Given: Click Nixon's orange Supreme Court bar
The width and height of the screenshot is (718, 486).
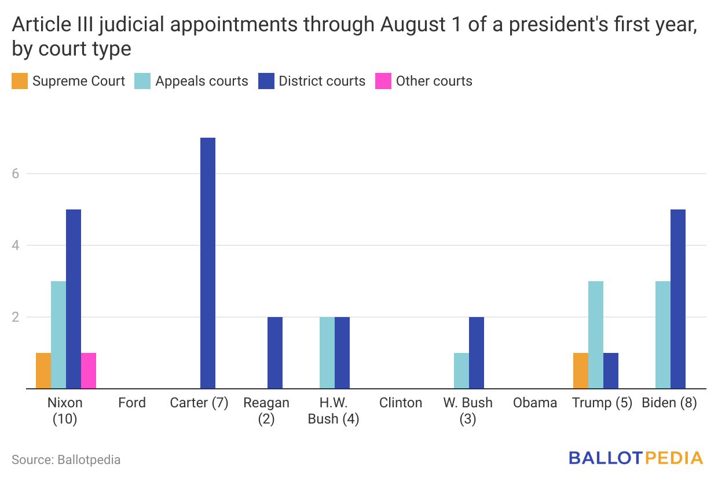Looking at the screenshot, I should [x=43, y=371].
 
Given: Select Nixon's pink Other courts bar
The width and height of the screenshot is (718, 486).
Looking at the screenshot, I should [x=89, y=371].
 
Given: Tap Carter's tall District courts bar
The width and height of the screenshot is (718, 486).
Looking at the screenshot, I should [x=208, y=263].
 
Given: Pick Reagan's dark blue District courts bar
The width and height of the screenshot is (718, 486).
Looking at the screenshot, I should [x=275, y=353].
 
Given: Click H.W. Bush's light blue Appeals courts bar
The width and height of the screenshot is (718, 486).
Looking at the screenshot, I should [x=327, y=353].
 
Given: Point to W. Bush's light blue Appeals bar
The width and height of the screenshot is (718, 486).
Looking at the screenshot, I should [x=461, y=371].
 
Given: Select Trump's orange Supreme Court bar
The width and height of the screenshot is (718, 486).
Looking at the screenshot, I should [x=581, y=371].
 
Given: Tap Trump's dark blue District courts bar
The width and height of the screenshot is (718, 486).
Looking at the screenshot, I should [x=611, y=371].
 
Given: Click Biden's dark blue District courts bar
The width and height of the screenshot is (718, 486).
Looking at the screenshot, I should [x=678, y=299].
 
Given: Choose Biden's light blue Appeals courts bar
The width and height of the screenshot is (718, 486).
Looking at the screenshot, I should [x=663, y=335].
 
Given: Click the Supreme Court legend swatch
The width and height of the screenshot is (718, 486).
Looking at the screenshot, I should [x=19, y=81].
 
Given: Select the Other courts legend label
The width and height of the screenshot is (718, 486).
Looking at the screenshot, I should [x=434, y=81].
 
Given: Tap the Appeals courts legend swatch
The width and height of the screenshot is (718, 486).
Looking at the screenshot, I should [x=142, y=81].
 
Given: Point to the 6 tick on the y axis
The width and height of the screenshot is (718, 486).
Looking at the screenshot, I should [x=16, y=174].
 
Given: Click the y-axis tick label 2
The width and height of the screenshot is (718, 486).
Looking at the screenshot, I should [x=16, y=317].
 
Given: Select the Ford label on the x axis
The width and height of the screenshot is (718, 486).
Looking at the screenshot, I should [x=132, y=403].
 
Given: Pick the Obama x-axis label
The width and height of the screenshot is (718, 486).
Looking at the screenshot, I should [x=535, y=403].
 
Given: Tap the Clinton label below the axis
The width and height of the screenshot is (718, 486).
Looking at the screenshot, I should [x=401, y=403].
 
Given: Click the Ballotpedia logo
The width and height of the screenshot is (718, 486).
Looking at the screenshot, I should [x=635, y=458].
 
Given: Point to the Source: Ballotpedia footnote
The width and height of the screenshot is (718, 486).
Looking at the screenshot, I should [x=66, y=460].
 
